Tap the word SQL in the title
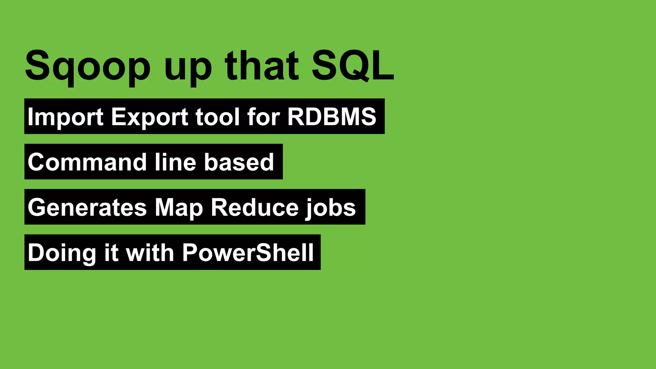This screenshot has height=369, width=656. pos(352,65)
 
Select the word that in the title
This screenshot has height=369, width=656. pos(262,65)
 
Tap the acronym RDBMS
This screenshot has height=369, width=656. pos(332,117)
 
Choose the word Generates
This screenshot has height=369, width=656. pos(87,208)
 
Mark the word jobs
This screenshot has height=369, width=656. pos(331,208)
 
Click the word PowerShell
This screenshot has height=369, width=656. pos(248,252)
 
